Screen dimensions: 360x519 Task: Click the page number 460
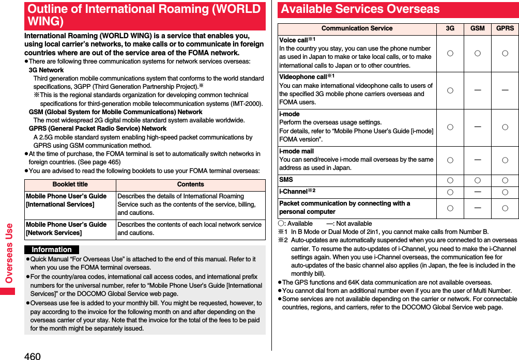point(32,355)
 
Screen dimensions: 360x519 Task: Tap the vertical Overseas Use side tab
point(9,253)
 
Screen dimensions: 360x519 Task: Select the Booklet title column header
point(70,185)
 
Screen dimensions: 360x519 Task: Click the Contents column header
point(190,185)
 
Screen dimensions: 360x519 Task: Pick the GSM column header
point(477,28)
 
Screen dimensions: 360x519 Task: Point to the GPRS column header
point(505,28)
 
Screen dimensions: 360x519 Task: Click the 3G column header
point(450,28)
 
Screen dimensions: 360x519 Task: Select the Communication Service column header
point(357,28)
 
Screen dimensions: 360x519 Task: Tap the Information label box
point(52,249)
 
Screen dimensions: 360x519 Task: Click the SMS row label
point(286,180)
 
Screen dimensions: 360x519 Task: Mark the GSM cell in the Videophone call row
point(477,90)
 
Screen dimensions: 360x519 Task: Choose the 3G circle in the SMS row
point(450,180)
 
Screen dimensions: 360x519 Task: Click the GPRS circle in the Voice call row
point(505,53)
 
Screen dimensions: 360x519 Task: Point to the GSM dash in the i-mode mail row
point(477,160)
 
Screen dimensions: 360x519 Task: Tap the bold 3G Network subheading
point(46,70)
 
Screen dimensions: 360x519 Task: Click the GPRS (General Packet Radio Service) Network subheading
point(98,129)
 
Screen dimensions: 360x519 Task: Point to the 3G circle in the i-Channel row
point(450,192)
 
